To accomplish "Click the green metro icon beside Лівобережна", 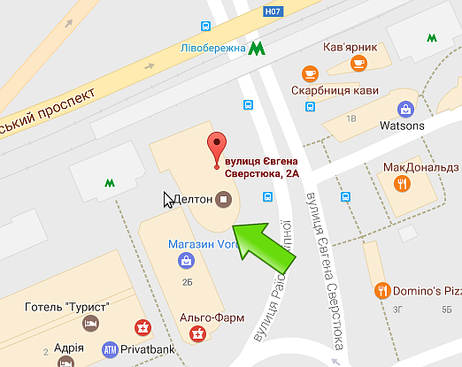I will click(257, 47).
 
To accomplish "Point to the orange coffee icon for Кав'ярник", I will click(358, 63).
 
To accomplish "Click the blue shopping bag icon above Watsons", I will click(405, 109).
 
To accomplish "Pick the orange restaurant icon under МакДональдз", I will click(403, 183).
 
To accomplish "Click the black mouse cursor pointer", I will click(168, 199).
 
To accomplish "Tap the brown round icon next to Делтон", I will click(223, 199).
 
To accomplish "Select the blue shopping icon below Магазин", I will click(186, 260).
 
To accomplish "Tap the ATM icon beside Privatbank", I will click(111, 348).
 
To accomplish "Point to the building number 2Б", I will click(187, 282).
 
